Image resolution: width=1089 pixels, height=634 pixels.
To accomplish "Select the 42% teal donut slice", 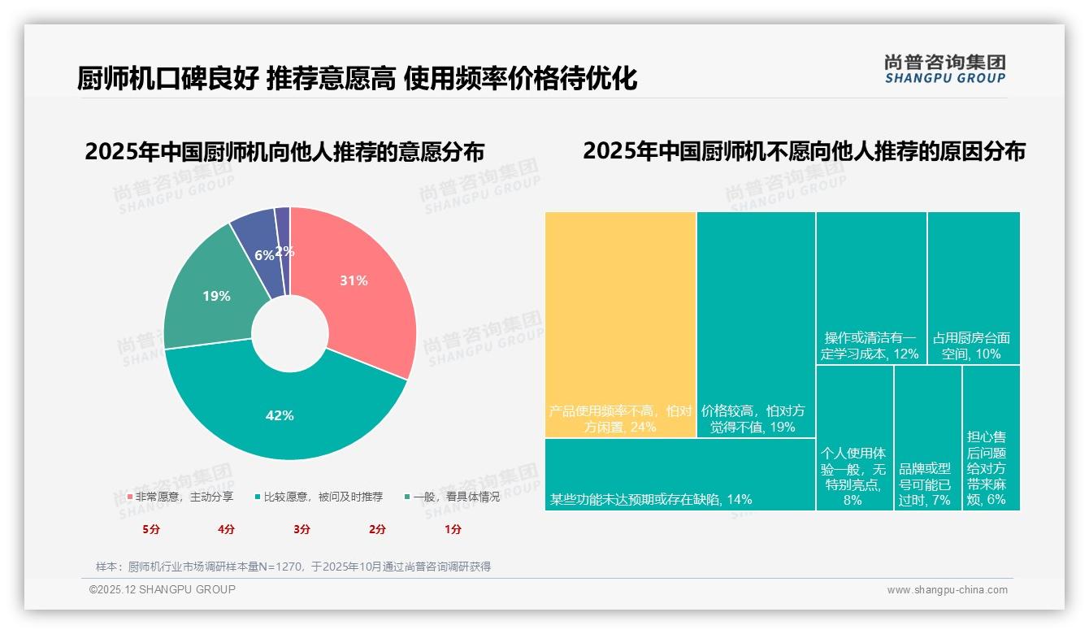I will coord(280,415).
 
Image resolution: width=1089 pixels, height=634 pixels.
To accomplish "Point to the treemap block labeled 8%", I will coord(853,439).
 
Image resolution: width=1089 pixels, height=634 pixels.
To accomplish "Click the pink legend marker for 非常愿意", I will coord(130,497).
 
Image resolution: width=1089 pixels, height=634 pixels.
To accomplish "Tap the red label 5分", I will coord(151,529).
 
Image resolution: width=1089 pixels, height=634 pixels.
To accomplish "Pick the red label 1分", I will coord(453,529).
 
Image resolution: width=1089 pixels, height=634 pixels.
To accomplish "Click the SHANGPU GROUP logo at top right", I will coord(944,69).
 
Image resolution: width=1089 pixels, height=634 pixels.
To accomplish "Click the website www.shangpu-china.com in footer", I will coord(947,590).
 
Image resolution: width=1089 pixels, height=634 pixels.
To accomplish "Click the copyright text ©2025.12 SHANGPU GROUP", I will coord(163,590).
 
